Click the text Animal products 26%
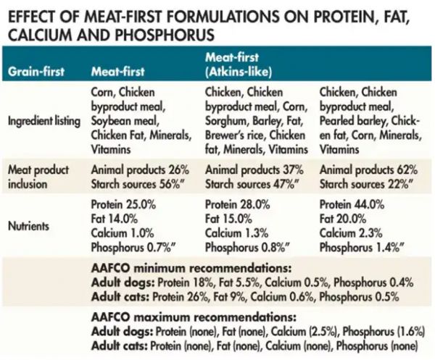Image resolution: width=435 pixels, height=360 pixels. (140, 169)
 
